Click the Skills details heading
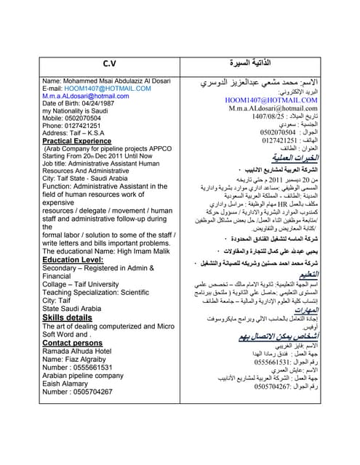coord(68,318)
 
